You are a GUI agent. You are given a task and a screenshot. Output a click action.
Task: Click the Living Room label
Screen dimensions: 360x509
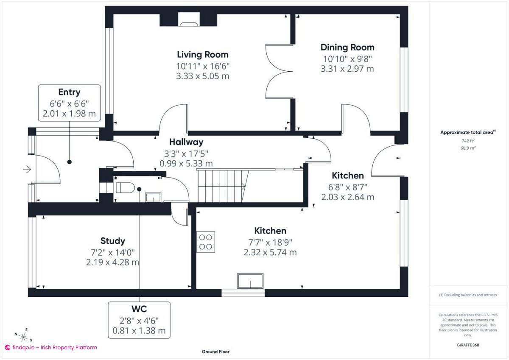[202, 54]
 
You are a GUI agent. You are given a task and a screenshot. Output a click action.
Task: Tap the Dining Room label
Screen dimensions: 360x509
[347, 47]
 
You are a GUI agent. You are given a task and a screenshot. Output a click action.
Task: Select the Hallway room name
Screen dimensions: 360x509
[186, 142]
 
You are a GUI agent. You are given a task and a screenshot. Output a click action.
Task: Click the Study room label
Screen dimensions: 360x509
[113, 241]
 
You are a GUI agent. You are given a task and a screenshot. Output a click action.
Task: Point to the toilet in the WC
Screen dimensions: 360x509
[125, 187]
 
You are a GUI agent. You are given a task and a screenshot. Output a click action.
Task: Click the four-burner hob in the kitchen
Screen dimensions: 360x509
[206, 242]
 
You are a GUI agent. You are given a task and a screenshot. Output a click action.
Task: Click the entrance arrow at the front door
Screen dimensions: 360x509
[27, 170]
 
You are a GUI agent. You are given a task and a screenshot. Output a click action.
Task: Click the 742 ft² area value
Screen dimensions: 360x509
[468, 140]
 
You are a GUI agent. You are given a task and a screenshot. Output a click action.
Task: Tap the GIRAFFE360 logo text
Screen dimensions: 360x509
[468, 345]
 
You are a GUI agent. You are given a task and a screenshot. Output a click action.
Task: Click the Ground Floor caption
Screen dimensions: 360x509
[215, 352]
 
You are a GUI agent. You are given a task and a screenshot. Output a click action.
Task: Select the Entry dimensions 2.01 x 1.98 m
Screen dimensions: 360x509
[69, 114]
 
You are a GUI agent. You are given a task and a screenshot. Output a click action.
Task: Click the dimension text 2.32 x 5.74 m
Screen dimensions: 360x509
[270, 252]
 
